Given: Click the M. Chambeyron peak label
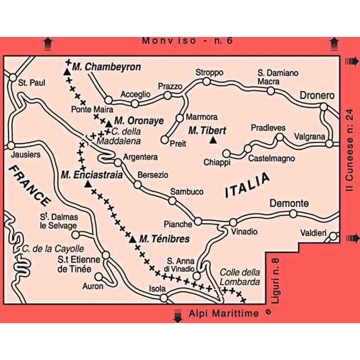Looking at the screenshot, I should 106,67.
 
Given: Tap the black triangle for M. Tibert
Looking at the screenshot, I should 213,141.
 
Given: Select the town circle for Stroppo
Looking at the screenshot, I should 206,81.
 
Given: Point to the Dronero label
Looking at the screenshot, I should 318,96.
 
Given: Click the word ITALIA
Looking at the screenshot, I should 247,185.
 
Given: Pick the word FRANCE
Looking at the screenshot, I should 29,185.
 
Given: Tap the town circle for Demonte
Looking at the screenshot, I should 293,214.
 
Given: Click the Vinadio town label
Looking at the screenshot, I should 244,232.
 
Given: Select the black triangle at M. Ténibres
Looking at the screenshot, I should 133,239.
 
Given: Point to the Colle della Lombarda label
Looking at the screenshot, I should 240,277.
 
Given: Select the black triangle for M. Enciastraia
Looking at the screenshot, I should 88,184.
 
